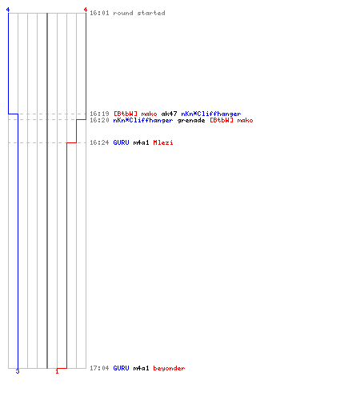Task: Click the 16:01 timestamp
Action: [99, 13]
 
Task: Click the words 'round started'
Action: [139, 13]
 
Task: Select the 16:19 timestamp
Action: [99, 114]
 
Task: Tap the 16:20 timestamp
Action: [99, 120]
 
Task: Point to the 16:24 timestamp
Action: [99, 142]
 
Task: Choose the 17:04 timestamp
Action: [99, 368]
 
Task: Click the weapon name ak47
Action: [169, 114]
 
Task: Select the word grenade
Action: [191, 120]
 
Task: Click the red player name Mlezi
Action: [163, 142]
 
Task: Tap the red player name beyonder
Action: [169, 368]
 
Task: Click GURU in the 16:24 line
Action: [121, 142]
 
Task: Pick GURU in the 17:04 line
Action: [121, 368]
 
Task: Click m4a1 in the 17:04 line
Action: [141, 368]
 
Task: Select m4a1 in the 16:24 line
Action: [141, 142]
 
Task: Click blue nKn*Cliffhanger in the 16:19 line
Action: [211, 114]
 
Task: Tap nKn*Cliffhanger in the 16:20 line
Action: [143, 120]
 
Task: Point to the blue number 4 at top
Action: [8, 10]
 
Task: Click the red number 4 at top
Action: [86, 10]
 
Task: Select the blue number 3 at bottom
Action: [18, 371]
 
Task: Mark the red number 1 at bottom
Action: [57, 371]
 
